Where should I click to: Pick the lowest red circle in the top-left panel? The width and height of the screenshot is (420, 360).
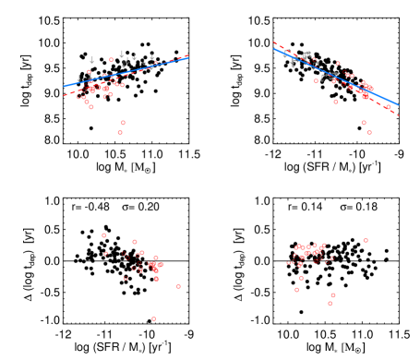[x=120, y=132]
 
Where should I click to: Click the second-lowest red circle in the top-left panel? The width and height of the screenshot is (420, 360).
[x=123, y=123]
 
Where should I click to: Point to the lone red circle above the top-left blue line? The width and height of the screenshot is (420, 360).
[x=112, y=60]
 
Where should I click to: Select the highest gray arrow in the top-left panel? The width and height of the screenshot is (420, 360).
[x=122, y=54]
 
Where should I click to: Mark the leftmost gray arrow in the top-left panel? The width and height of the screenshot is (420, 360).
[x=78, y=79]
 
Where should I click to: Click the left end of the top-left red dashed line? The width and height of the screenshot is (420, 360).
[x=65, y=94]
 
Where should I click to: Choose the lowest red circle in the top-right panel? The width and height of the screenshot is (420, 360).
[x=369, y=132]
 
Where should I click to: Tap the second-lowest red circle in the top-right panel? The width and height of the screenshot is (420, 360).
[x=364, y=123]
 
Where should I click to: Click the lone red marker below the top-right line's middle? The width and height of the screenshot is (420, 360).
[x=335, y=102]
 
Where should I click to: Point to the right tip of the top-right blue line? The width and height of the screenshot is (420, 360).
[x=397, y=104]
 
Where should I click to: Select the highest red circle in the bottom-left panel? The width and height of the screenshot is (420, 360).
[x=103, y=235]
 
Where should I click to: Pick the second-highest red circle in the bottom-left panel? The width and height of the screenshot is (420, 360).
[x=135, y=242]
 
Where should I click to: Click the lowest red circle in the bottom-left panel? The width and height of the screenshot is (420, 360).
[x=153, y=318]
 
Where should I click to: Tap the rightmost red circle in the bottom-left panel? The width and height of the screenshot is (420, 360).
[x=178, y=286]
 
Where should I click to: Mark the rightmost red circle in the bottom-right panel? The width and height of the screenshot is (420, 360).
[x=366, y=241]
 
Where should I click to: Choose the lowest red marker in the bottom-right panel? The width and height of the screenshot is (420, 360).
[x=330, y=303]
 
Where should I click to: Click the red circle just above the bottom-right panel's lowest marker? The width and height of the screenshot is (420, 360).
[x=333, y=295]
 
